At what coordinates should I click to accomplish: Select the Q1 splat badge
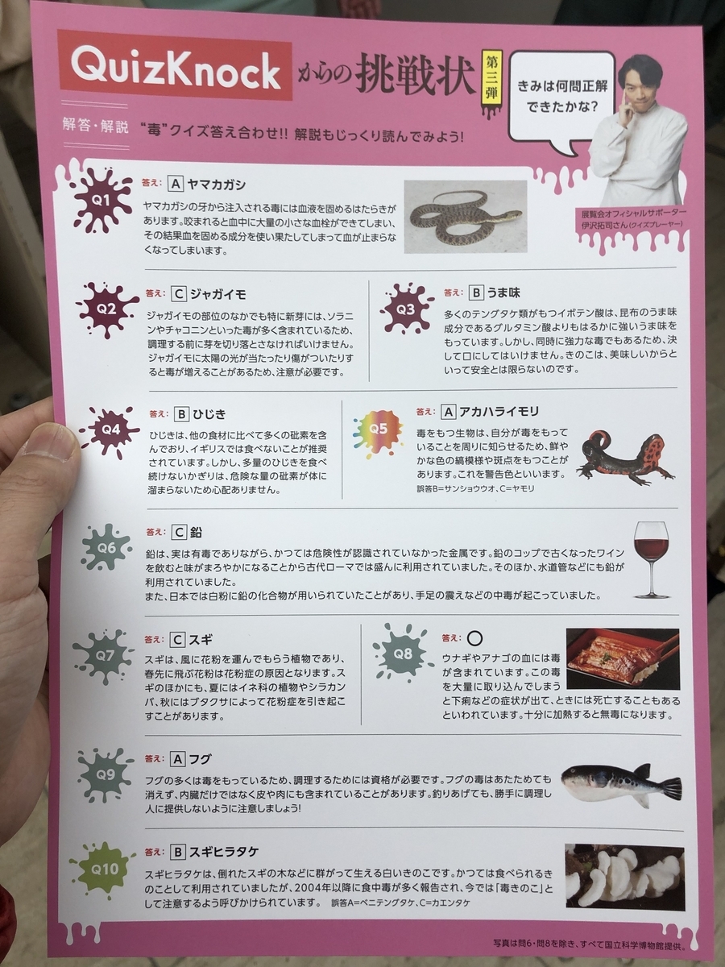click(x=101, y=201)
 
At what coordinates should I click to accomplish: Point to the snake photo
click(x=466, y=216)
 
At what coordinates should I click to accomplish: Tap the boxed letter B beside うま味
click(x=475, y=293)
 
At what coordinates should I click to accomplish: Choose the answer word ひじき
click(x=209, y=414)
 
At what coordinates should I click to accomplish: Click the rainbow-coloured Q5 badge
click(x=378, y=428)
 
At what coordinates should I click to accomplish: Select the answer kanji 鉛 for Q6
click(x=196, y=532)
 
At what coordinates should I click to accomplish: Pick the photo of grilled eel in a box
click(x=623, y=658)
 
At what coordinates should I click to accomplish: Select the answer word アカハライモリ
click(x=499, y=412)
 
